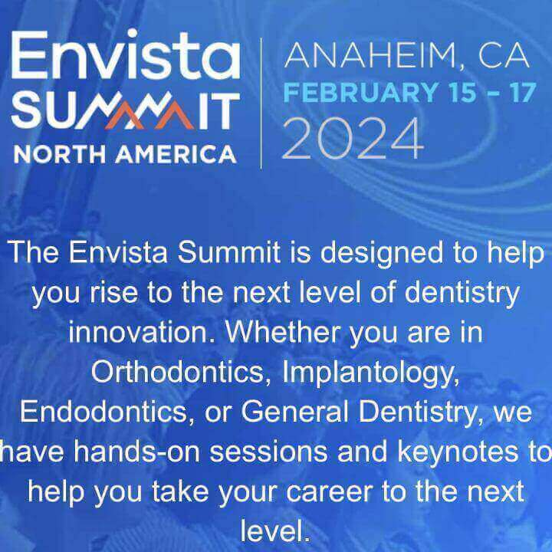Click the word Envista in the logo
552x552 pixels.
126,54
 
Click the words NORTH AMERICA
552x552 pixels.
125,155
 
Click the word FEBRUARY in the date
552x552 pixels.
361,92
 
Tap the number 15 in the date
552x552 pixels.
463,92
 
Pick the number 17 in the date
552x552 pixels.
522,92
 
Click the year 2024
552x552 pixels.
352,138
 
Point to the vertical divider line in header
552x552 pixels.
261,103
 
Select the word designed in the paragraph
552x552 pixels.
382,254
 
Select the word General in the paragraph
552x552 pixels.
294,412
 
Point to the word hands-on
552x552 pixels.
137,452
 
